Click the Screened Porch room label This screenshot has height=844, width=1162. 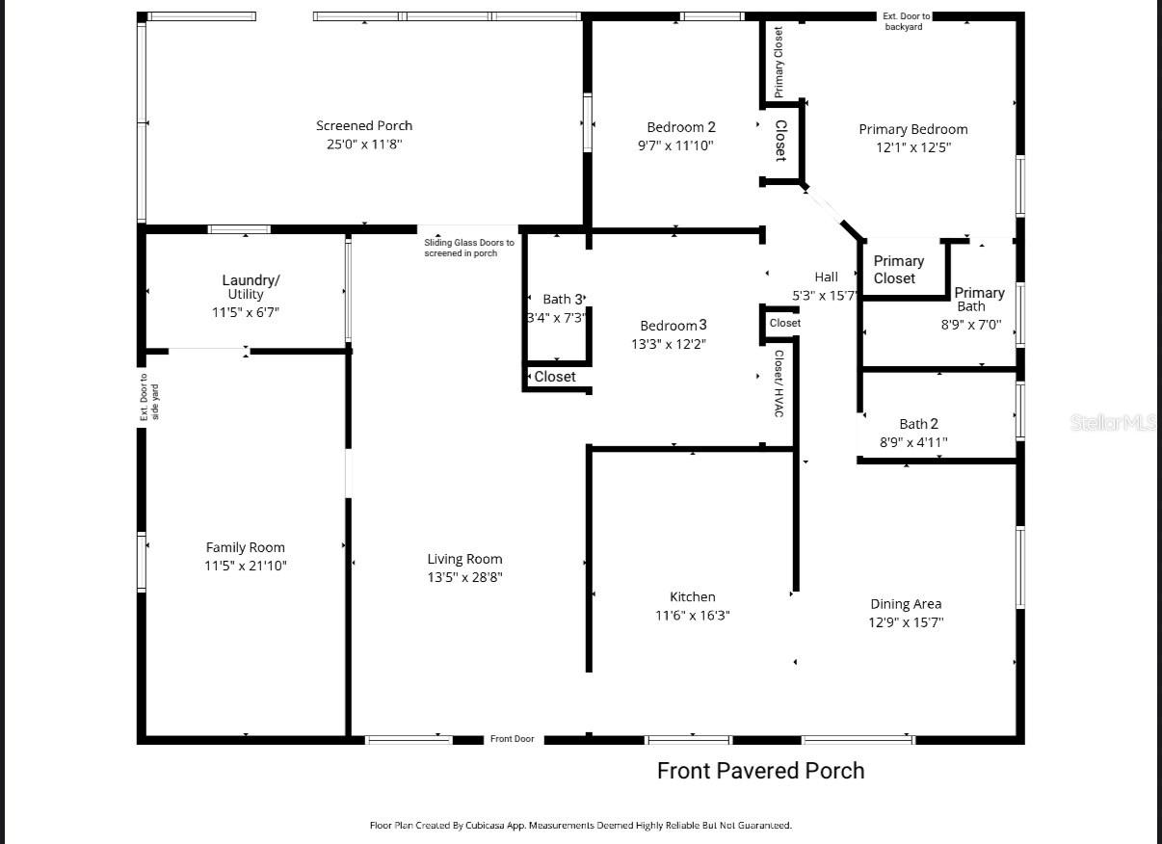363,125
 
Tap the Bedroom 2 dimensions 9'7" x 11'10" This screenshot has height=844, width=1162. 680,145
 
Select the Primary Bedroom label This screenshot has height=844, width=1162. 912,129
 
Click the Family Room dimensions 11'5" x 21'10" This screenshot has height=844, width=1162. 246,566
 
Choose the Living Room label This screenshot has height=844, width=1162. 464,559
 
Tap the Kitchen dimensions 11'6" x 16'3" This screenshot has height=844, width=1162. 692,615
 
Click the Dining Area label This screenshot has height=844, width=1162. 906,604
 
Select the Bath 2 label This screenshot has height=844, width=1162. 918,424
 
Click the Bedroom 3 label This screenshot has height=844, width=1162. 673,326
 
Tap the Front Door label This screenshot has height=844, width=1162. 512,739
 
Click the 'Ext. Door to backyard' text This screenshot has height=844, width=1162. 906,21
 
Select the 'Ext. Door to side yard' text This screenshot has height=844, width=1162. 149,397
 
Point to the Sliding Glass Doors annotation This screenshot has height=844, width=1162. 469,248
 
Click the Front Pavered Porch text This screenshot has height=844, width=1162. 760,771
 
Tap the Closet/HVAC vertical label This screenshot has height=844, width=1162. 779,383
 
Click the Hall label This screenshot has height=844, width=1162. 826,277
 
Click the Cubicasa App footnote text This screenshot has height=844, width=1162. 580,825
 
